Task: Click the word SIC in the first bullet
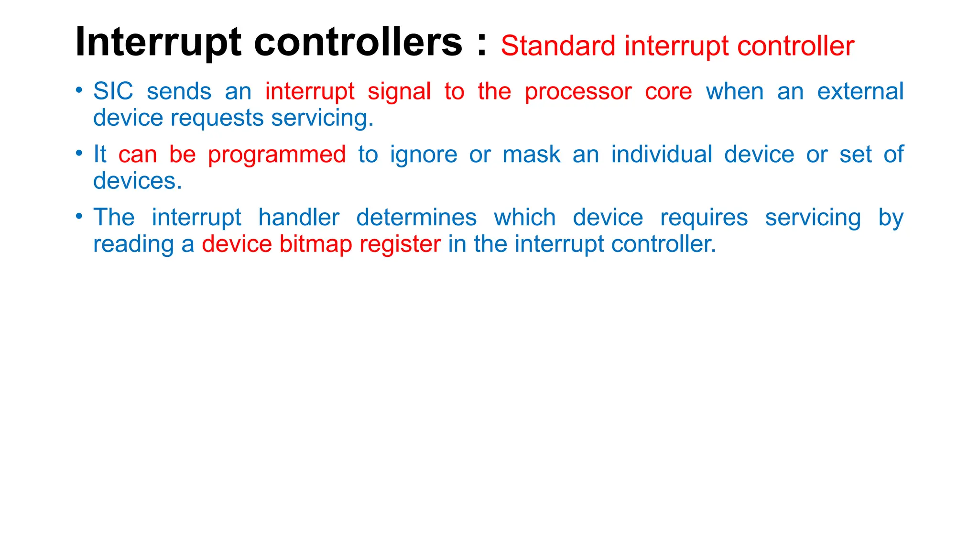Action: pos(113,91)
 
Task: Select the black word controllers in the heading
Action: pos(358,42)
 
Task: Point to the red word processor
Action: pos(578,92)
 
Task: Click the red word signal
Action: pos(399,92)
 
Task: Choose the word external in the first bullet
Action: pos(860,91)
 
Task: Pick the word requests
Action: pos(217,118)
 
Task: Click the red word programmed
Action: pos(277,155)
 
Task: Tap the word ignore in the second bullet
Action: pos(424,155)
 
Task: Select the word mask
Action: pos(531,154)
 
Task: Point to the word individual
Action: pos(662,154)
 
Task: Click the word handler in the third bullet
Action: pos(299,217)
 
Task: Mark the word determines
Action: pos(416,217)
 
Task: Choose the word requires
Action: pos(704,218)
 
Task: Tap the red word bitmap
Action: pos(315,244)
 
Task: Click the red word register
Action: pos(400,244)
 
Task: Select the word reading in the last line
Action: pos(133,244)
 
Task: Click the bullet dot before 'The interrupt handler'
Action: pos(79,216)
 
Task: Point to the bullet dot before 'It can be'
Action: pos(79,153)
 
